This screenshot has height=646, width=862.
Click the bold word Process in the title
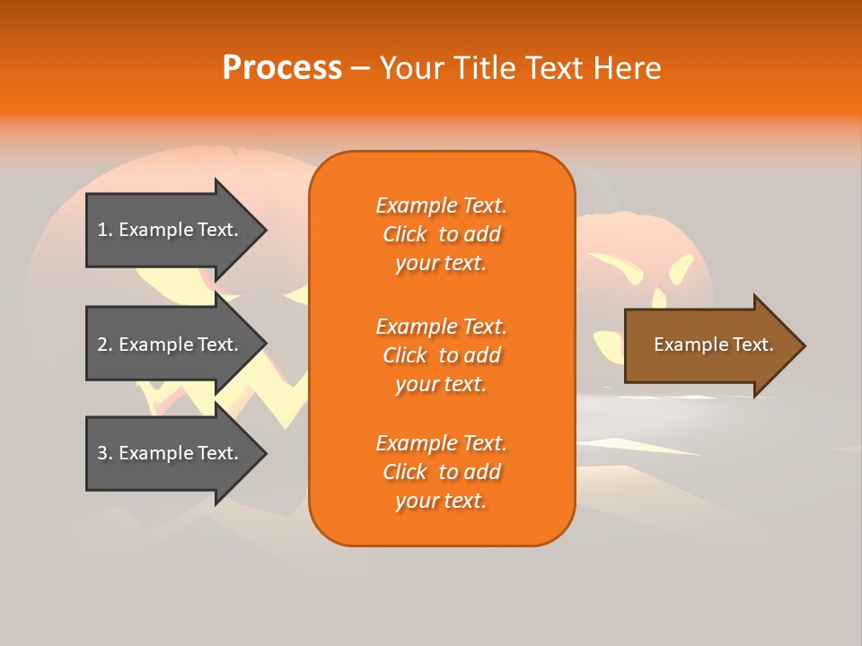(282, 68)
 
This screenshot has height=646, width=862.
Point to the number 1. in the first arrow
(105, 230)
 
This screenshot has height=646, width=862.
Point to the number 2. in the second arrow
(105, 345)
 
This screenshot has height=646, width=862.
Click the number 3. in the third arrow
(105, 453)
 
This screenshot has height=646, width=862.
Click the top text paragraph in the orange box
(441, 234)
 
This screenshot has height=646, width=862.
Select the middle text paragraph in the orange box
(441, 355)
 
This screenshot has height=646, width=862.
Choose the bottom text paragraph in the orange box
(441, 472)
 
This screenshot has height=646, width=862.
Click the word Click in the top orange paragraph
(405, 234)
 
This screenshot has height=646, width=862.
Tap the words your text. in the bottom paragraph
(441, 501)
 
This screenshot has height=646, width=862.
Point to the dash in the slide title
(360, 68)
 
